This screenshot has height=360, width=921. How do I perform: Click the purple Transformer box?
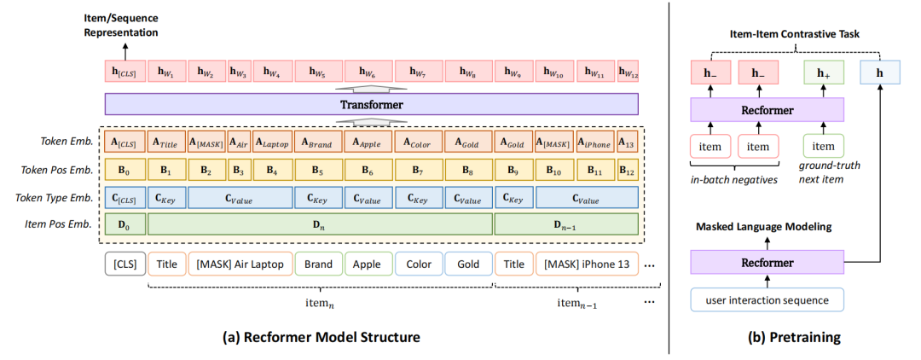371,105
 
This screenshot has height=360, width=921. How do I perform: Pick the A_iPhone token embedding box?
595,142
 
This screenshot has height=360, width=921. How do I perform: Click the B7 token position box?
418,170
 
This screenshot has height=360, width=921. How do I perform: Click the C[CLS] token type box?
125,197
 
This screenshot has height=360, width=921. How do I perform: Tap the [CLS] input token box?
125,264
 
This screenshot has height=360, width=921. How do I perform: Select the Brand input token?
318,264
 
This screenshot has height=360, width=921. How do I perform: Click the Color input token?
418,264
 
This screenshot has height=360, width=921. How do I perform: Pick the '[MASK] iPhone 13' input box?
586,264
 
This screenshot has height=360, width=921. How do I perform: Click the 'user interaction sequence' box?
767,299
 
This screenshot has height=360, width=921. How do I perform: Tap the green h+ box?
824,73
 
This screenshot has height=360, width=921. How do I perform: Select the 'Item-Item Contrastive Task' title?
794,35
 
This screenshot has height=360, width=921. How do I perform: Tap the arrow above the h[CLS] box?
125,49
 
